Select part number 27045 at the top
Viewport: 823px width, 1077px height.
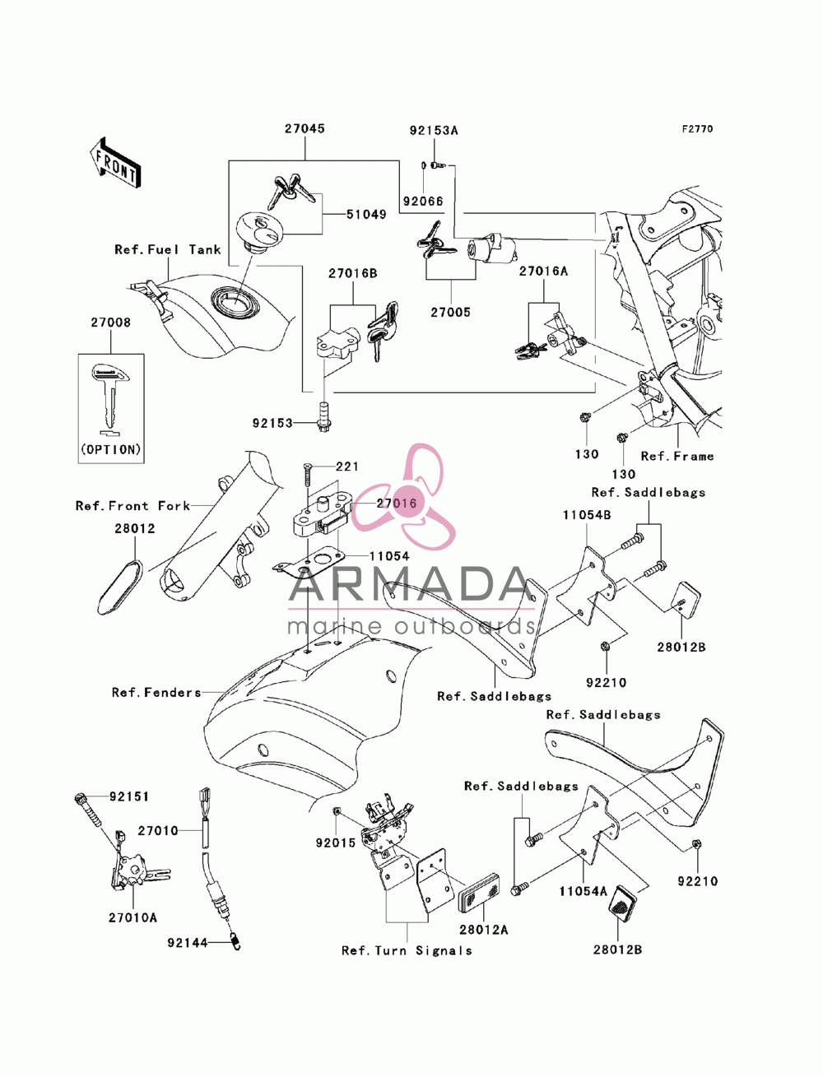tap(305, 128)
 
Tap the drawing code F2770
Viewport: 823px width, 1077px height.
tap(697, 129)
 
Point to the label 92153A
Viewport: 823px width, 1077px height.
tap(434, 131)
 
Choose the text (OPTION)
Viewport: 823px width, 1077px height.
tap(111, 449)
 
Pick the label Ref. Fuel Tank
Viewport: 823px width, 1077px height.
tap(168, 250)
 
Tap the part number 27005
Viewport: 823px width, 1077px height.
tap(450, 312)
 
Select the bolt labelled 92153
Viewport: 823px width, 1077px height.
tap(324, 417)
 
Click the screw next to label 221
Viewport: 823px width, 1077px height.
tap(307, 475)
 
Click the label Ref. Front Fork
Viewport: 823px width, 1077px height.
tap(133, 506)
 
